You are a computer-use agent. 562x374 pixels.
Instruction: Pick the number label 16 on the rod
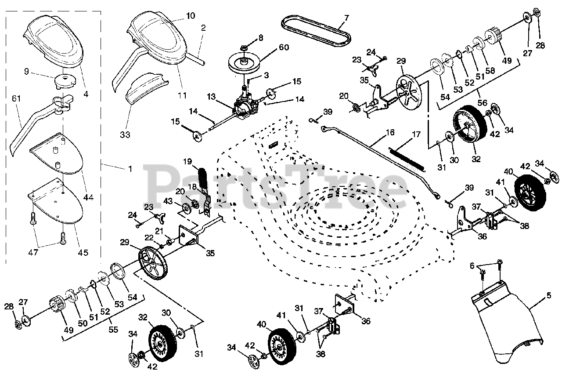[x=390, y=132]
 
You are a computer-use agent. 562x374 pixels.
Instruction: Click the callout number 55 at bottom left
[x=113, y=329]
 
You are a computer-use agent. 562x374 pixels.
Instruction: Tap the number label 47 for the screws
[x=33, y=252]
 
